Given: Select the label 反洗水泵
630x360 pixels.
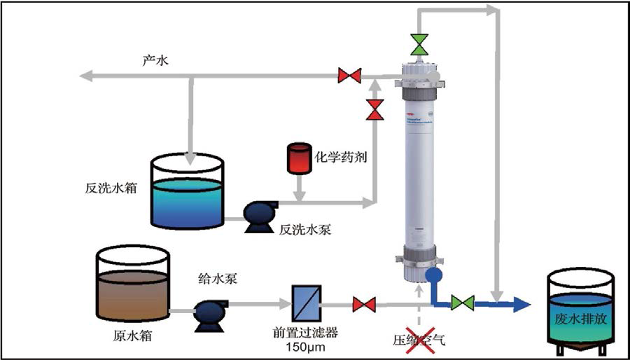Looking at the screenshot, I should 304,229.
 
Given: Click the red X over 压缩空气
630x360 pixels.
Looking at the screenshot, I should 419,340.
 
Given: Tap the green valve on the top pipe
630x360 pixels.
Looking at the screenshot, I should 419,43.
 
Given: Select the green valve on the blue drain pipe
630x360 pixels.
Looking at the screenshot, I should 462,303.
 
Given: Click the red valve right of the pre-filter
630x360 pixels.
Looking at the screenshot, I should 363,304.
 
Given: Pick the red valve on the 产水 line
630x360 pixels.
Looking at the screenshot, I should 349,74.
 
